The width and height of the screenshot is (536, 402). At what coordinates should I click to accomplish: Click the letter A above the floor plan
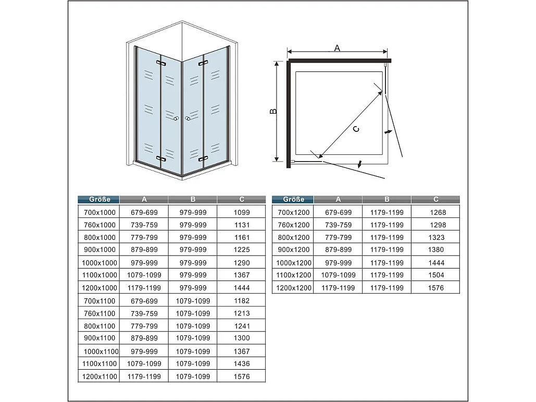pyautogui.click(x=337, y=48)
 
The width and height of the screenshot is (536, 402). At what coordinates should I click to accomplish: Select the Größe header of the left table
pyautogui.click(x=98, y=199)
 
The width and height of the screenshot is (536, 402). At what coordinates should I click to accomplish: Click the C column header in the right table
pyautogui.click(x=435, y=199)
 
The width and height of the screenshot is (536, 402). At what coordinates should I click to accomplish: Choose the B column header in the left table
pyautogui.click(x=193, y=199)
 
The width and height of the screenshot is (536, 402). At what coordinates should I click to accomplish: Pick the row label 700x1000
pyautogui.click(x=98, y=213)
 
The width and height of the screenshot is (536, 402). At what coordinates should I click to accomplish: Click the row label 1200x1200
pyautogui.click(x=293, y=288)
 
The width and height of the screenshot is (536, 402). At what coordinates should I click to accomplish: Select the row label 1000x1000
pyautogui.click(x=98, y=263)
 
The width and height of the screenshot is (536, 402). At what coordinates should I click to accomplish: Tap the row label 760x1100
pyautogui.click(x=98, y=313)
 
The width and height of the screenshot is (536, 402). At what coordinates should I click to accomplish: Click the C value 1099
pyautogui.click(x=242, y=213)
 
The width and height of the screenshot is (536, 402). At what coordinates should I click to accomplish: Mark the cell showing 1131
pyautogui.click(x=242, y=225)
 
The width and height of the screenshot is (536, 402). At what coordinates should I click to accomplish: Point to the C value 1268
pyautogui.click(x=438, y=213)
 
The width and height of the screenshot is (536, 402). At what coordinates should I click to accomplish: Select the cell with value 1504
pyautogui.click(x=436, y=275)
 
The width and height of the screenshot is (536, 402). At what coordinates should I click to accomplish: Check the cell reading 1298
pyautogui.click(x=438, y=225)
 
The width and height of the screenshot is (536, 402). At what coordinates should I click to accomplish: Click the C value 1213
pyautogui.click(x=242, y=313)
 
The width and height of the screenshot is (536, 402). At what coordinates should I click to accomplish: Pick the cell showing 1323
pyautogui.click(x=436, y=238)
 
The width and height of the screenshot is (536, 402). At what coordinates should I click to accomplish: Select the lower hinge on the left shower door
pyautogui.click(x=160, y=157)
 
